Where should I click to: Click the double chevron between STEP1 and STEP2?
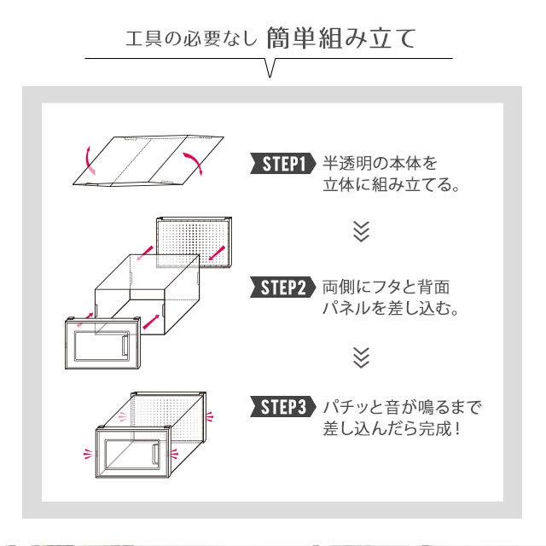coord(362,232)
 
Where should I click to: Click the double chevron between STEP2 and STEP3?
coord(362,355)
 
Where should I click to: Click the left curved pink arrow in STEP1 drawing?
coord(85,158)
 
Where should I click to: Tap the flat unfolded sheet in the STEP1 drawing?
coord(141,160)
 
